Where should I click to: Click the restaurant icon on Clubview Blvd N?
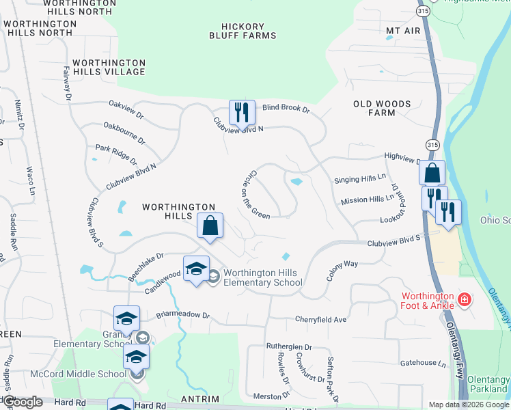(x=242, y=113)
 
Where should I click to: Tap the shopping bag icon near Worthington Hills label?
(x=210, y=225)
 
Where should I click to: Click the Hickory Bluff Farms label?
(x=243, y=30)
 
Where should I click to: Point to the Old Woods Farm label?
(x=382, y=108)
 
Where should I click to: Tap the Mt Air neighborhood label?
(x=403, y=31)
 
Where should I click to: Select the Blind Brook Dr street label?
(x=286, y=109)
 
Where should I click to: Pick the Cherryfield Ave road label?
(x=321, y=319)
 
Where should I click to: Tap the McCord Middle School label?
(x=78, y=374)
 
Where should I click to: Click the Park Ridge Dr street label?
(x=116, y=154)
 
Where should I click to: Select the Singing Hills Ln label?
(x=359, y=180)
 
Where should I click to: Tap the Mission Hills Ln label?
(x=368, y=200)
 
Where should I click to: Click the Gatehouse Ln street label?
(x=423, y=363)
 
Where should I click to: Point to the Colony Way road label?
(x=342, y=271)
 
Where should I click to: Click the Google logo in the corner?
(x=22, y=402)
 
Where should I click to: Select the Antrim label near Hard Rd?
(x=201, y=399)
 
